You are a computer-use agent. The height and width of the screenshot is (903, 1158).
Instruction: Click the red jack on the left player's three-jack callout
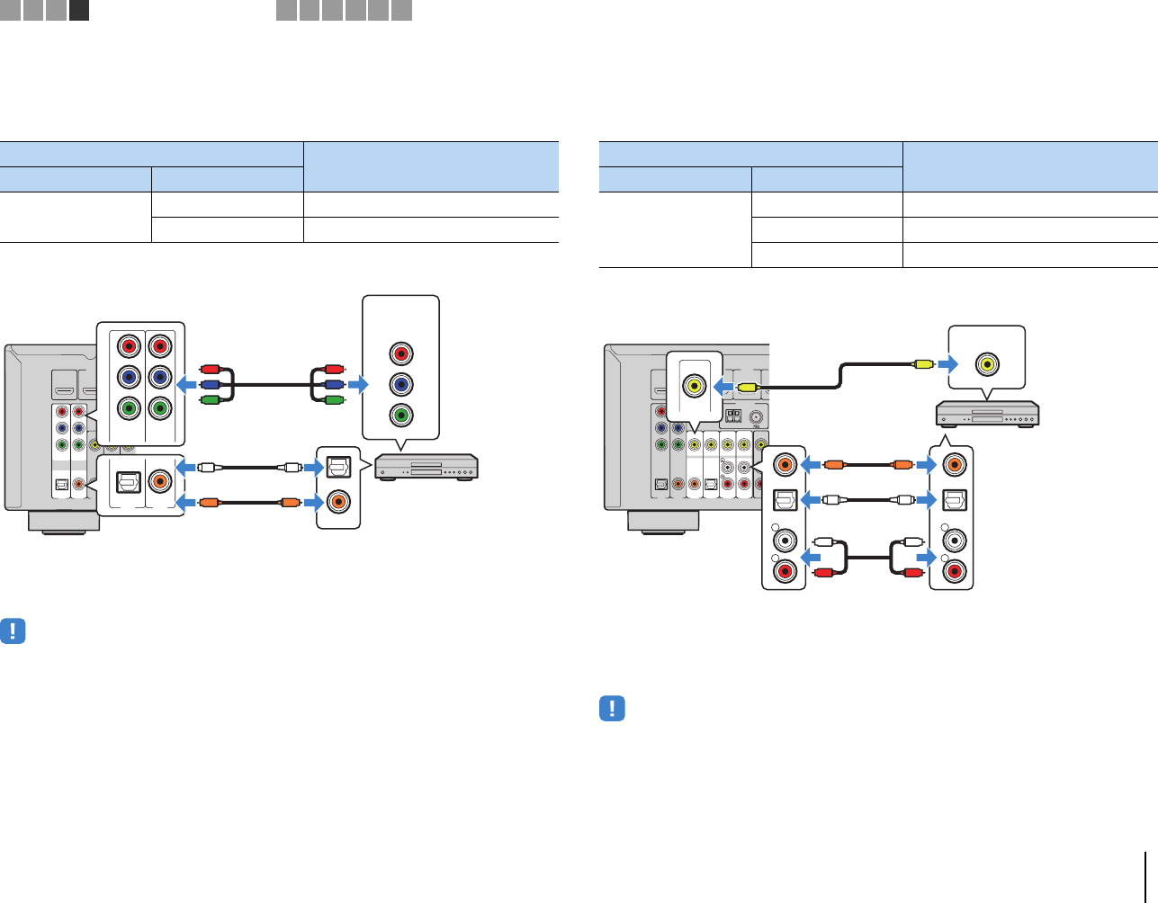click(x=401, y=353)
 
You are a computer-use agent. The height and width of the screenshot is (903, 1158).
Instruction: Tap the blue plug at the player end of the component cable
click(x=333, y=384)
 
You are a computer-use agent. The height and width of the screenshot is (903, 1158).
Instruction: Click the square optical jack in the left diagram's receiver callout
click(x=129, y=481)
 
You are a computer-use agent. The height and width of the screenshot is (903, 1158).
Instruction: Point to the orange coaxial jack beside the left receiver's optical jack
click(x=160, y=481)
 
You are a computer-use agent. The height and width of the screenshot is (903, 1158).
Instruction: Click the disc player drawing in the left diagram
click(x=426, y=467)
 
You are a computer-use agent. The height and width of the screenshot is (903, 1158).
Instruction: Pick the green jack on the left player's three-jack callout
click(x=401, y=416)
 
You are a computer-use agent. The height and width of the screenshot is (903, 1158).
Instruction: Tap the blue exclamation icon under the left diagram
click(x=13, y=630)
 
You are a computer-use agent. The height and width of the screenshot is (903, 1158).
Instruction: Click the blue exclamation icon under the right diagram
click(x=612, y=708)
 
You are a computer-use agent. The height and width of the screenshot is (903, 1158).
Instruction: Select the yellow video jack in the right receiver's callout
click(x=694, y=385)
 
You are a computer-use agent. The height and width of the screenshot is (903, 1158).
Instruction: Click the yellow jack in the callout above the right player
click(x=987, y=364)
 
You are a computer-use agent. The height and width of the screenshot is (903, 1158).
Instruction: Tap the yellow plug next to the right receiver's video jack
click(x=747, y=386)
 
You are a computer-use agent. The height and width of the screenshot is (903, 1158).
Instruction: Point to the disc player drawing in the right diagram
click(x=987, y=414)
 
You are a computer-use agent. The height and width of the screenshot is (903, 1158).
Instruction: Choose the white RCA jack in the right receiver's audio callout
click(x=785, y=541)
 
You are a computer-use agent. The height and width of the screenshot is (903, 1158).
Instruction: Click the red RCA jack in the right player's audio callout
click(x=952, y=570)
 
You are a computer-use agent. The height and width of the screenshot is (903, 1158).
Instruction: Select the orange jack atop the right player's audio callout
click(x=952, y=465)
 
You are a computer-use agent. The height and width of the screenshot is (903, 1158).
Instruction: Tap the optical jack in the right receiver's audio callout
click(x=785, y=499)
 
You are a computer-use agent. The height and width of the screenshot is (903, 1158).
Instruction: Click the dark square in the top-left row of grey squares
click(x=79, y=10)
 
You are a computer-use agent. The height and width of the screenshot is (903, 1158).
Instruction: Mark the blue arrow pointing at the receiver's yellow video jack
click(x=723, y=386)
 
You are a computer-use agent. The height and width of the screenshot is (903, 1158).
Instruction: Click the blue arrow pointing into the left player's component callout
click(x=357, y=384)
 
